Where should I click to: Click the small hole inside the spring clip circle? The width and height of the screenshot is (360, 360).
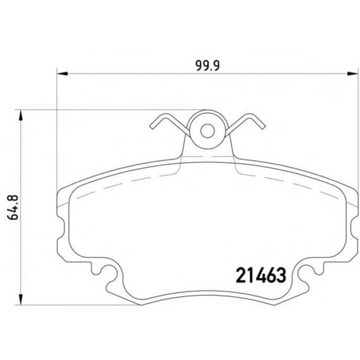point(207,131)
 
